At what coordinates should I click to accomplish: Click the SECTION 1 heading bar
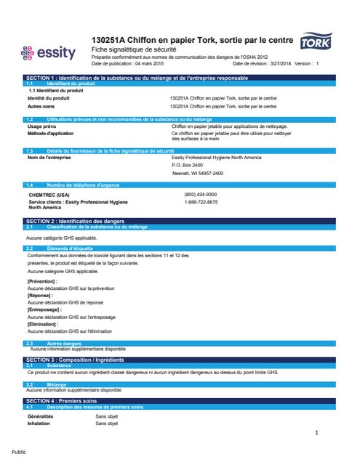click(180, 76)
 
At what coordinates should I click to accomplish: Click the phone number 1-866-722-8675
click(201, 202)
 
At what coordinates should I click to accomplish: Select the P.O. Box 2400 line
click(188, 165)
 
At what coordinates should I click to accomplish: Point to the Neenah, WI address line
click(197, 173)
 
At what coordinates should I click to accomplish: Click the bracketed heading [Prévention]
click(42, 280)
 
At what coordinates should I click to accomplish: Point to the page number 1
click(318, 434)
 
